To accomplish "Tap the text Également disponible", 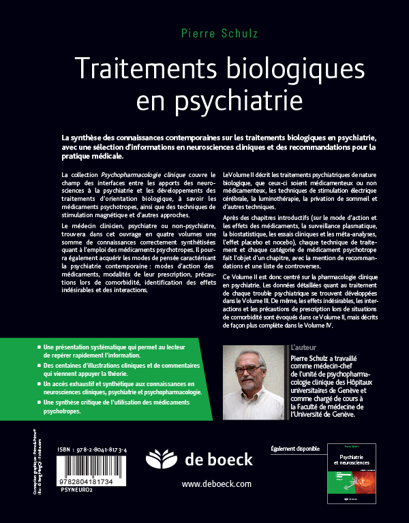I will tap(296, 449).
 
